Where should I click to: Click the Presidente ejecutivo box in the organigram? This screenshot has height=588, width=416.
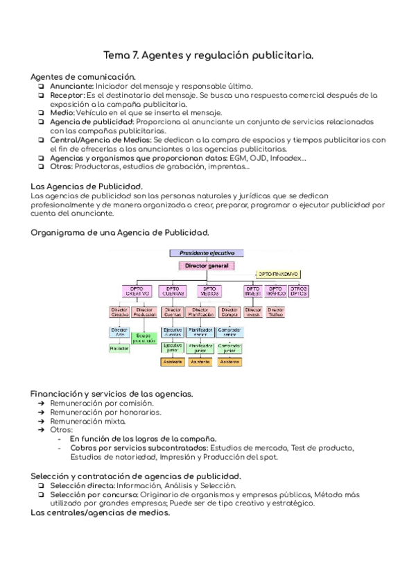click(x=207, y=254)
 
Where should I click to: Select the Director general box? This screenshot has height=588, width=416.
click(x=207, y=265)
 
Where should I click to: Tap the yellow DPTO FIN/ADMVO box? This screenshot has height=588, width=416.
click(x=278, y=275)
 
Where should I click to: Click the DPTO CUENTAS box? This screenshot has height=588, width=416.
click(x=172, y=291)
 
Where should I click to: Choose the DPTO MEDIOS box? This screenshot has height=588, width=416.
click(x=209, y=291)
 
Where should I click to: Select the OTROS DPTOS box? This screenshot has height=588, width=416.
click(x=298, y=291)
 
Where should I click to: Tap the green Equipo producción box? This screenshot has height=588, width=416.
click(x=144, y=338)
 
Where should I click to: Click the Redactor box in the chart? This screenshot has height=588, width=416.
click(x=119, y=348)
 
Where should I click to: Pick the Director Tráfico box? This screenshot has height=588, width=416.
click(x=275, y=312)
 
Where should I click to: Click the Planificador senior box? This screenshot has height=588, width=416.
click(x=200, y=331)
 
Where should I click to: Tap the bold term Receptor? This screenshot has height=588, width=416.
click(x=67, y=95)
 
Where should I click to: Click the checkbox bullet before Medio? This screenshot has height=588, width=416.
click(x=42, y=112)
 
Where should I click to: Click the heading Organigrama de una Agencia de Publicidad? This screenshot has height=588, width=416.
click(x=120, y=232)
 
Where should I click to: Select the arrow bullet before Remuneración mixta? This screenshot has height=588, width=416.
click(x=42, y=421)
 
